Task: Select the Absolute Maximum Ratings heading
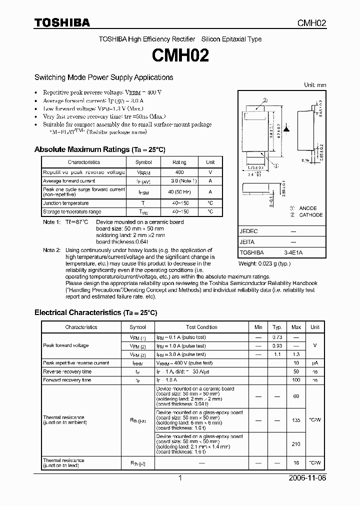pos(99,149)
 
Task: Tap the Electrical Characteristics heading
pos(95,312)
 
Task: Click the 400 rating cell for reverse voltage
pos(179,172)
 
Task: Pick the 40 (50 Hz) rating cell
pos(179,191)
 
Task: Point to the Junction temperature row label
pos(66,203)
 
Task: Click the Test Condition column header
pos(201,327)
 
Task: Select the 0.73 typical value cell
pos(277,337)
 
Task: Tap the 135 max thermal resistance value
pos(296,420)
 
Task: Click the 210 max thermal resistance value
pos(296,444)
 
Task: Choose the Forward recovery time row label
pos(67,380)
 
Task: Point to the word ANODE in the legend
pos(308,208)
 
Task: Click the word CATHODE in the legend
pos(311,215)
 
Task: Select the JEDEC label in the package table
pos(248,232)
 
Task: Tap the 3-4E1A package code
pos(293,253)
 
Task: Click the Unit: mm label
pos(315,85)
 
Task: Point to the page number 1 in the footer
pos(180,478)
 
